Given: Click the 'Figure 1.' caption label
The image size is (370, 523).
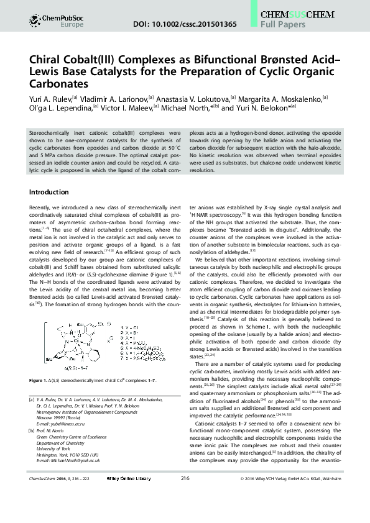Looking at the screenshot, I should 40,380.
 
